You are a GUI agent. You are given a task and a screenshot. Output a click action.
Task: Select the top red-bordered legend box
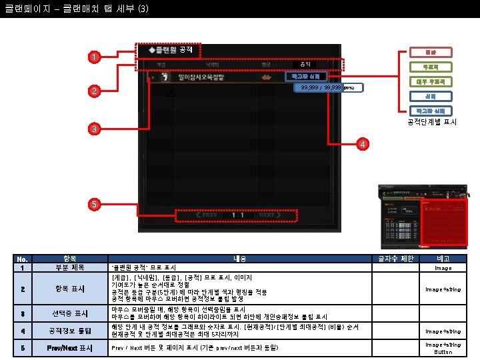pos(430,52)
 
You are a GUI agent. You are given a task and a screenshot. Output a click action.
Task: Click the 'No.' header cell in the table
pos(23,259)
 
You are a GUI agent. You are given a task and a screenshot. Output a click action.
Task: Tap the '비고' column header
pos(443,259)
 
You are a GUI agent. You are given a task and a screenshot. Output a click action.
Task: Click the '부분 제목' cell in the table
pos(69,267)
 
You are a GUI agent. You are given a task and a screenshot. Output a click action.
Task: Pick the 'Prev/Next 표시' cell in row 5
pos(69,348)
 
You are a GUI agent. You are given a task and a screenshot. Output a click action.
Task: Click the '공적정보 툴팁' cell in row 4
pos(69,331)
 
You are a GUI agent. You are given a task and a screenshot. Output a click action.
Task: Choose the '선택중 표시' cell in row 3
pos(69,313)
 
